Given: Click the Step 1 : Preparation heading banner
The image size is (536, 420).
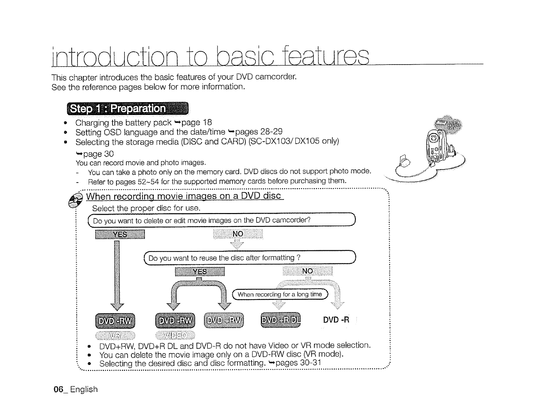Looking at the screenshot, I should point(128,109).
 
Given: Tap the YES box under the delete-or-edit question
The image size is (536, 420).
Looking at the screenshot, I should point(120,234).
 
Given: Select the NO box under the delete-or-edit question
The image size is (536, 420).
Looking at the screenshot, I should point(238,234).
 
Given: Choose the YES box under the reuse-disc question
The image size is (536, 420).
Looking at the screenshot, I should point(200,272).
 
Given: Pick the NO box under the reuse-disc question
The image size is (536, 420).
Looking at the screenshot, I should point(307,271).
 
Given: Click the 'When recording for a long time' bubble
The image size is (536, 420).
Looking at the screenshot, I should point(280,294).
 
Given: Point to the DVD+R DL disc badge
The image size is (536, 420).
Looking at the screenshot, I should point(281,320).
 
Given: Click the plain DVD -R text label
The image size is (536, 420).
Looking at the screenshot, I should point(336,320).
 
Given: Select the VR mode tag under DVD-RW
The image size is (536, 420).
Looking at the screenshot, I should point(115,335).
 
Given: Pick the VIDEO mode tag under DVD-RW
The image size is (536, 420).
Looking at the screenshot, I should point(175,335).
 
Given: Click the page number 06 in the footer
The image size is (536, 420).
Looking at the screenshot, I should point(59,389).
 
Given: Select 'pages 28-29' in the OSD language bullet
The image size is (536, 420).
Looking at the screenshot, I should point(259,132).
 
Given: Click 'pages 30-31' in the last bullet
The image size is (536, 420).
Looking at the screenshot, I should point(298,363).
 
